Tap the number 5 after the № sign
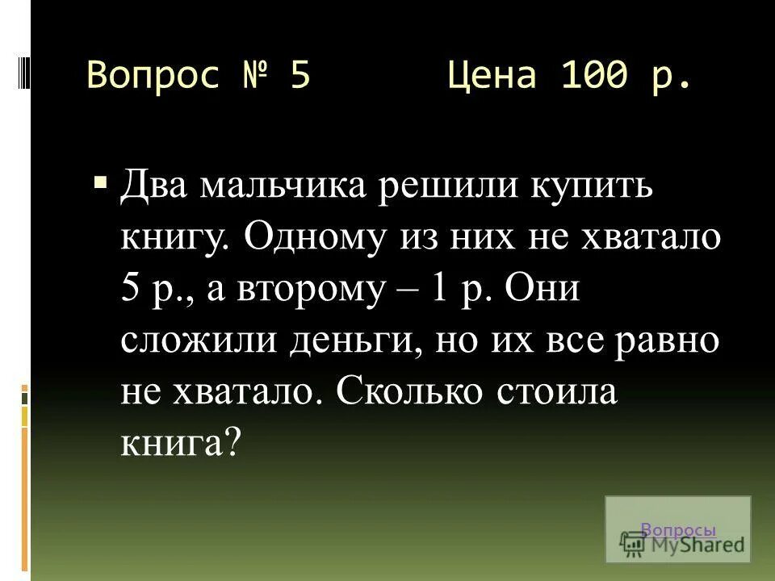(300, 77)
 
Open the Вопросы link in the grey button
(678, 530)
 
